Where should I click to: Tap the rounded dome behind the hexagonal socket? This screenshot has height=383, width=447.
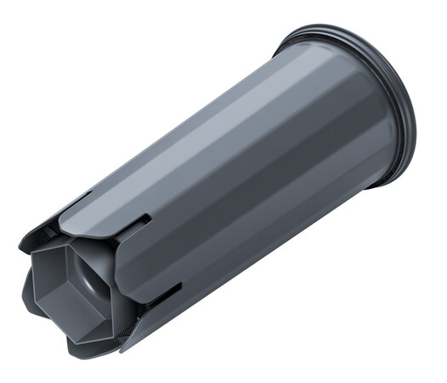coord(95,270)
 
